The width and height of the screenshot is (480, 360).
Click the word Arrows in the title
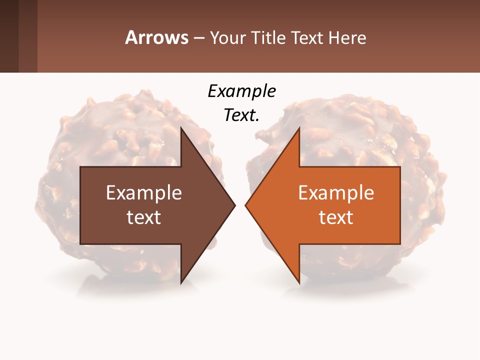point(156,37)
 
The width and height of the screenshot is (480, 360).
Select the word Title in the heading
point(268,37)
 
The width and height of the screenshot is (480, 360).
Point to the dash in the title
point(198,38)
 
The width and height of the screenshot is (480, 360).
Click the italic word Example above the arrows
point(241,91)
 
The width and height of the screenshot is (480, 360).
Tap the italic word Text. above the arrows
point(241,115)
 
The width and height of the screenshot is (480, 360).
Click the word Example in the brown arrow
point(144,193)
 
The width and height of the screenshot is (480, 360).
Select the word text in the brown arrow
point(144,217)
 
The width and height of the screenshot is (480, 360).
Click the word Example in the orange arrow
point(336,193)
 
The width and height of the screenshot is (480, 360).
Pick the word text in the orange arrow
point(336,217)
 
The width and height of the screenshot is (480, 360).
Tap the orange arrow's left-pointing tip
point(247,205)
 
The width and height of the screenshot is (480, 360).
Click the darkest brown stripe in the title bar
point(9,36)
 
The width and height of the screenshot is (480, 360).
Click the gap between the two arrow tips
point(240,205)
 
